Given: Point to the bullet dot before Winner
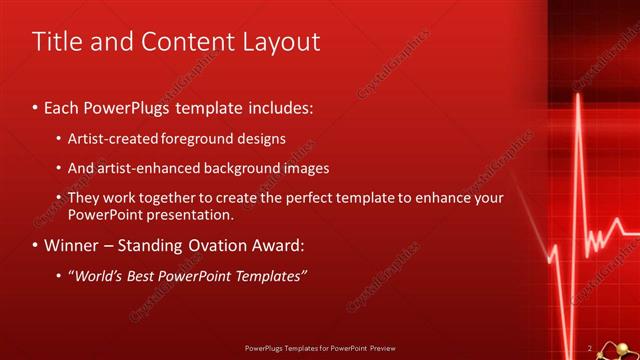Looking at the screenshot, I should (36, 245).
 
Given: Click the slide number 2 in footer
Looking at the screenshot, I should (590, 347).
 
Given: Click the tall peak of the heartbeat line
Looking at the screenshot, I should (578, 100).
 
